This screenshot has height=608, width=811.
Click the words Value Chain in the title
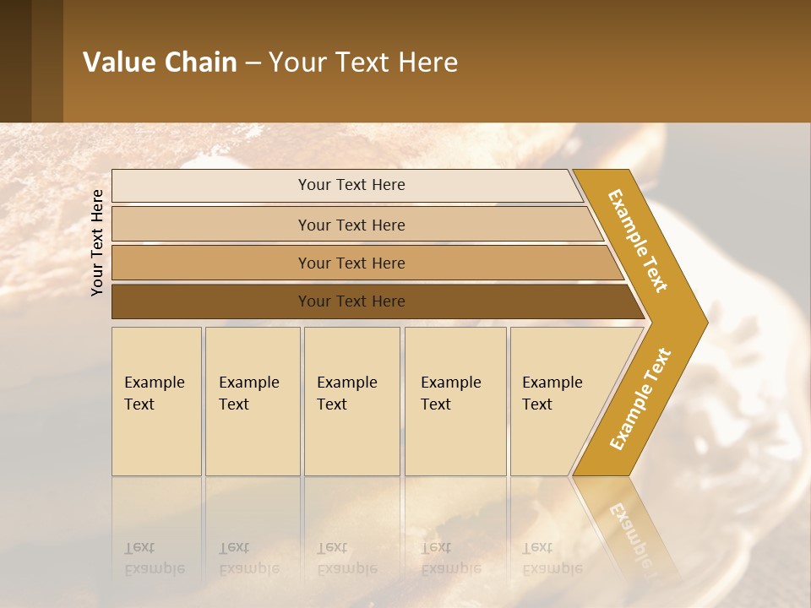(x=160, y=62)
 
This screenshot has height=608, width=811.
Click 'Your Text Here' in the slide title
(x=363, y=62)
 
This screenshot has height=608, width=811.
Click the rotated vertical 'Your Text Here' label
(x=97, y=242)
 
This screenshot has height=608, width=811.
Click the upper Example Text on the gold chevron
(x=638, y=241)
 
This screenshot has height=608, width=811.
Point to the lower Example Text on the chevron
(x=640, y=399)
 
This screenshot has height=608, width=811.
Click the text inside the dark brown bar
(x=351, y=301)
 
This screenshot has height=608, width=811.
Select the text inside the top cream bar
(x=351, y=185)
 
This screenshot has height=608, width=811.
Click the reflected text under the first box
(x=154, y=558)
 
